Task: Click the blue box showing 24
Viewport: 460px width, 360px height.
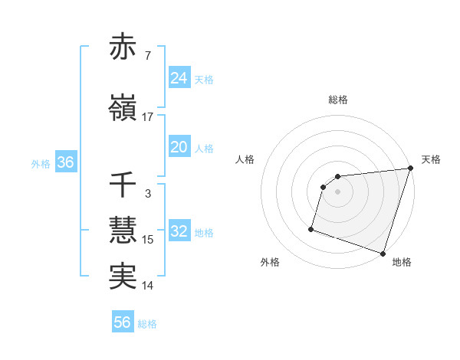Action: (179, 77)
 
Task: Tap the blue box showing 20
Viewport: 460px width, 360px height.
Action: (179, 147)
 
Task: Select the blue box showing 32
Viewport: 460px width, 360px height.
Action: (179, 231)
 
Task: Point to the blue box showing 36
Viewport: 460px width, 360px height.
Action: (65, 162)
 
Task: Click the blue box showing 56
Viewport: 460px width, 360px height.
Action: (123, 322)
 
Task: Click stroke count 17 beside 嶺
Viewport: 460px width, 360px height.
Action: (148, 117)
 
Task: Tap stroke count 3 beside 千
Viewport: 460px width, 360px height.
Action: (148, 194)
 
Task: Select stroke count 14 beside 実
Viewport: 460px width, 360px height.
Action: (148, 286)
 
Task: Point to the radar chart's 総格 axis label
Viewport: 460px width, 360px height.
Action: (338, 100)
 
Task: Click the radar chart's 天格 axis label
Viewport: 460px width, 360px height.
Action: (431, 159)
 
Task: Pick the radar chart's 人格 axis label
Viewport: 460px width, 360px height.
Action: (245, 159)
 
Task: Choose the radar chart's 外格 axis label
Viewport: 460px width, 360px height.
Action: (270, 263)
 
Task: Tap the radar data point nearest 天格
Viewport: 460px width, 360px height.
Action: (410, 168)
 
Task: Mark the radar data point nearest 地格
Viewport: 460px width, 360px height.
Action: (383, 254)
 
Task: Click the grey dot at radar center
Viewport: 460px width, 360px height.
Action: (338, 191)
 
